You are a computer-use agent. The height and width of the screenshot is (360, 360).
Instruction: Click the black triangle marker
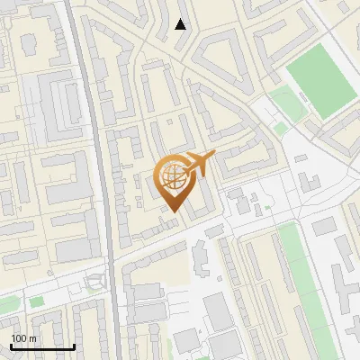click(x=181, y=24)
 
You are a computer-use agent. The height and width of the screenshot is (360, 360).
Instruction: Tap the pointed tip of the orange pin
click(x=171, y=212)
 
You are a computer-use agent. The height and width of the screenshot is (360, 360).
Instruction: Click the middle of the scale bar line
click(x=42, y=346)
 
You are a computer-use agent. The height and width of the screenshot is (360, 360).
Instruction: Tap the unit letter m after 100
click(x=32, y=338)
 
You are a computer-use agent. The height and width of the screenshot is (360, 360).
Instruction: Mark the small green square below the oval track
click(x=280, y=129)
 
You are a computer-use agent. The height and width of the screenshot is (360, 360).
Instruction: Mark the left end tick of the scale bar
click(x=11, y=346)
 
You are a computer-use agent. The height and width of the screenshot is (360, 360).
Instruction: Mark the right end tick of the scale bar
click(x=75, y=346)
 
